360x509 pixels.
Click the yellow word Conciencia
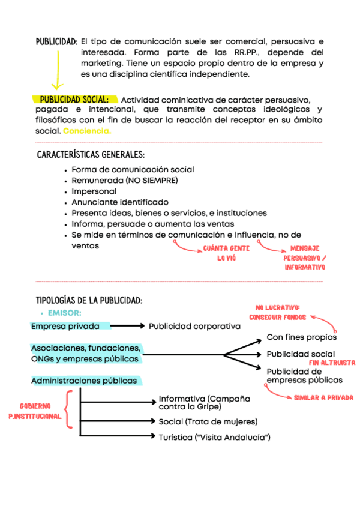[x=87, y=131]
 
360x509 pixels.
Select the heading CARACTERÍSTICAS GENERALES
[x=91, y=155]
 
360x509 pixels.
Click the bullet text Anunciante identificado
[x=120, y=202]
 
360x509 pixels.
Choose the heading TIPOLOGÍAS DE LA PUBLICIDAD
[x=89, y=300]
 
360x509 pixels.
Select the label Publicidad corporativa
[x=194, y=326]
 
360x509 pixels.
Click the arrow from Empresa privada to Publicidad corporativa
[x=128, y=326]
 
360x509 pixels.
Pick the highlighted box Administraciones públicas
[x=83, y=381]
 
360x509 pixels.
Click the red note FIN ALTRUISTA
[x=332, y=363]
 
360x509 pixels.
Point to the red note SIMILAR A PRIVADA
[x=323, y=397]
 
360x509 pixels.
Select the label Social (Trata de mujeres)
[x=208, y=421]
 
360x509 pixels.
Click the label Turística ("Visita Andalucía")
[x=214, y=437]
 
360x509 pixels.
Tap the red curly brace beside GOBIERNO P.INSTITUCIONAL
[x=68, y=409]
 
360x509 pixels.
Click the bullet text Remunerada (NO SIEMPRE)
[x=125, y=180]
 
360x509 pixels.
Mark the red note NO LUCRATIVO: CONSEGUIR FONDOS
[x=277, y=312]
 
